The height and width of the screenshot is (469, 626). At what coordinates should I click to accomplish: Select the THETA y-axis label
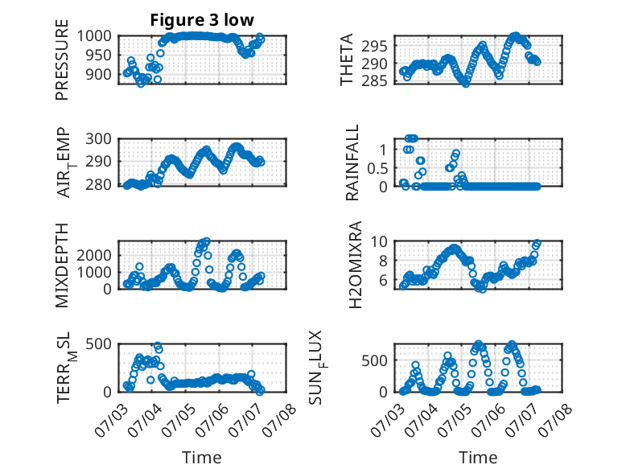coord(347,60)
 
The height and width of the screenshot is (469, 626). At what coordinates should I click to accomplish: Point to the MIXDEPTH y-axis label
coord(62,265)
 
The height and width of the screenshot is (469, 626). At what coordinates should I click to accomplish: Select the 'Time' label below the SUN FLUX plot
coord(478,457)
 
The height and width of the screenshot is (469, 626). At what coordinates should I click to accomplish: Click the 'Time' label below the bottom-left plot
coord(201,457)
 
